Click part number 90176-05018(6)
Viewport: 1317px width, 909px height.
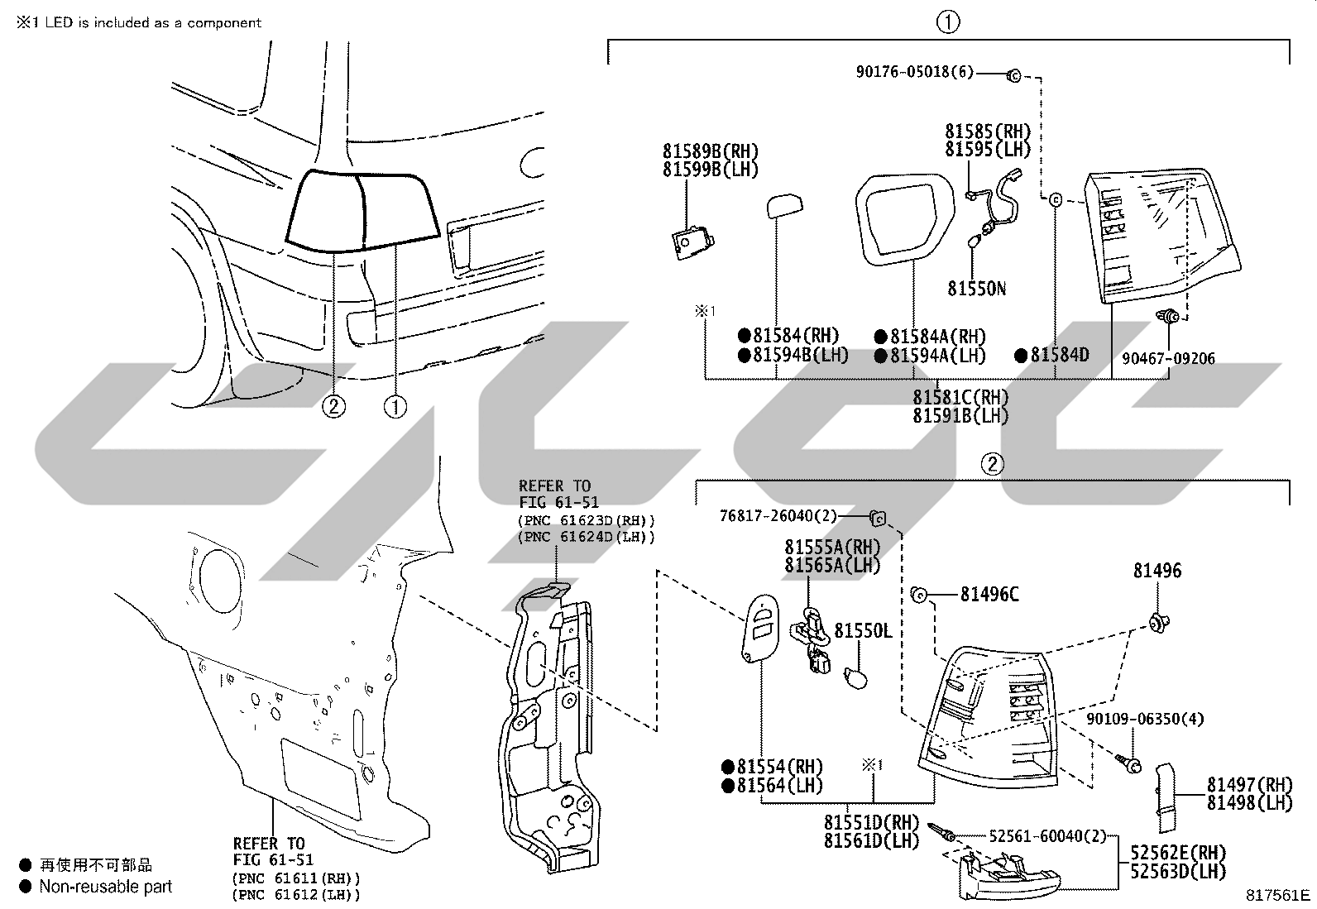point(914,72)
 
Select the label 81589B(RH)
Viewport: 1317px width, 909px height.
point(711,151)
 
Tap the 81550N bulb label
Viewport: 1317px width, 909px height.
point(976,288)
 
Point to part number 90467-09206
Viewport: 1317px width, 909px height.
point(1168,358)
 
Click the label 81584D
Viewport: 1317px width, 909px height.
point(1060,355)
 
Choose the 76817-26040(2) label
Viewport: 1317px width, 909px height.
point(778,515)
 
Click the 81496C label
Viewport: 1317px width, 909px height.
point(989,595)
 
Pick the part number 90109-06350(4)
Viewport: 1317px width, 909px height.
point(1145,719)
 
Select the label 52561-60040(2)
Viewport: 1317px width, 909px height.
point(1047,835)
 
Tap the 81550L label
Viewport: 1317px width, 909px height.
point(863,631)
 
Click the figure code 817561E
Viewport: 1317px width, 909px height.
point(1277,895)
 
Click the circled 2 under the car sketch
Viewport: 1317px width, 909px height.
point(333,406)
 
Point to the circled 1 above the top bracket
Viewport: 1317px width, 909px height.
point(948,22)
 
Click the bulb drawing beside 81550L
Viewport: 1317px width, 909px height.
point(855,678)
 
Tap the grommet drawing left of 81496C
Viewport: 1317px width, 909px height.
point(918,595)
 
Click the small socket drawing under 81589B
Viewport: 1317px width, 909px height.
point(692,243)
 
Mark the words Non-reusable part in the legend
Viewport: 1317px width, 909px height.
point(106,886)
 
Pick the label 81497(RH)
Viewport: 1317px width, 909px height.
point(1249,784)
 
